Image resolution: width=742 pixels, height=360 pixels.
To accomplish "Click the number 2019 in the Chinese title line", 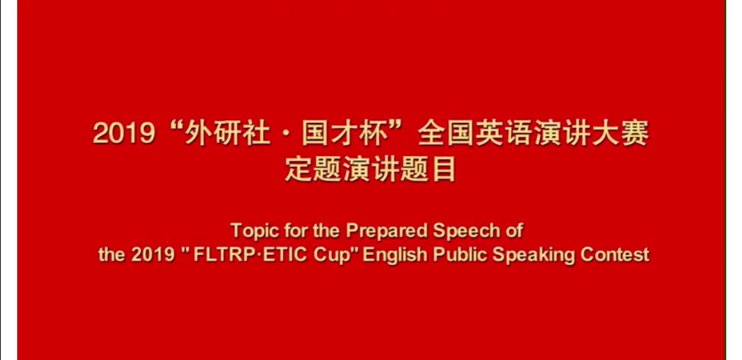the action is pos(124,135).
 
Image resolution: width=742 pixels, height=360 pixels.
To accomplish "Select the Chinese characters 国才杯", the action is pos(343,135).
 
